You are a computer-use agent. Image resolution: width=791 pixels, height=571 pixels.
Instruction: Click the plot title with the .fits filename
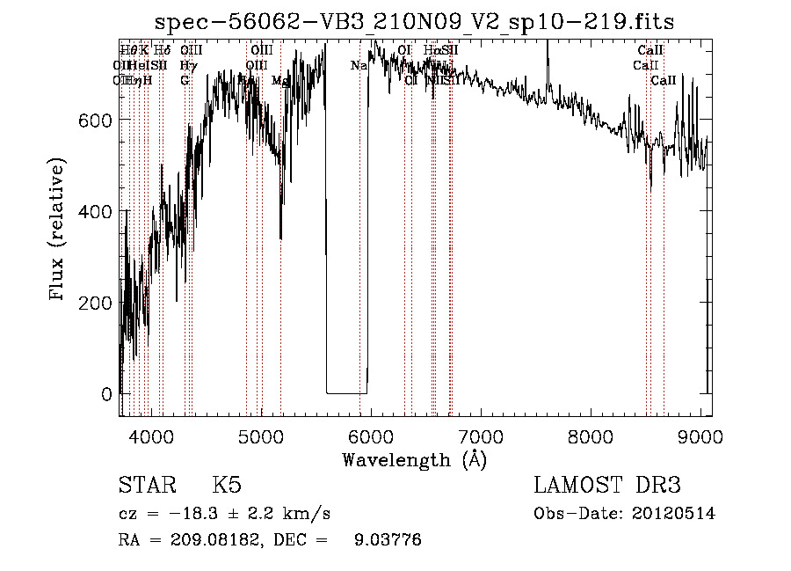(414, 22)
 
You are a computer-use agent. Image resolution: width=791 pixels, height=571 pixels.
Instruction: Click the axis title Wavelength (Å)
(414, 459)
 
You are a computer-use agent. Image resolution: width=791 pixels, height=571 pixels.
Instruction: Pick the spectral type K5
(226, 486)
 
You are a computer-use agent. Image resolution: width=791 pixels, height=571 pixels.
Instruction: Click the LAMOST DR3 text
(606, 486)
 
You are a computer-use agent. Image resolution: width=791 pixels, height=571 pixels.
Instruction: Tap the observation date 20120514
(676, 514)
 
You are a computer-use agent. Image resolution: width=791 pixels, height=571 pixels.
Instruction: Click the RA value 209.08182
(209, 540)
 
